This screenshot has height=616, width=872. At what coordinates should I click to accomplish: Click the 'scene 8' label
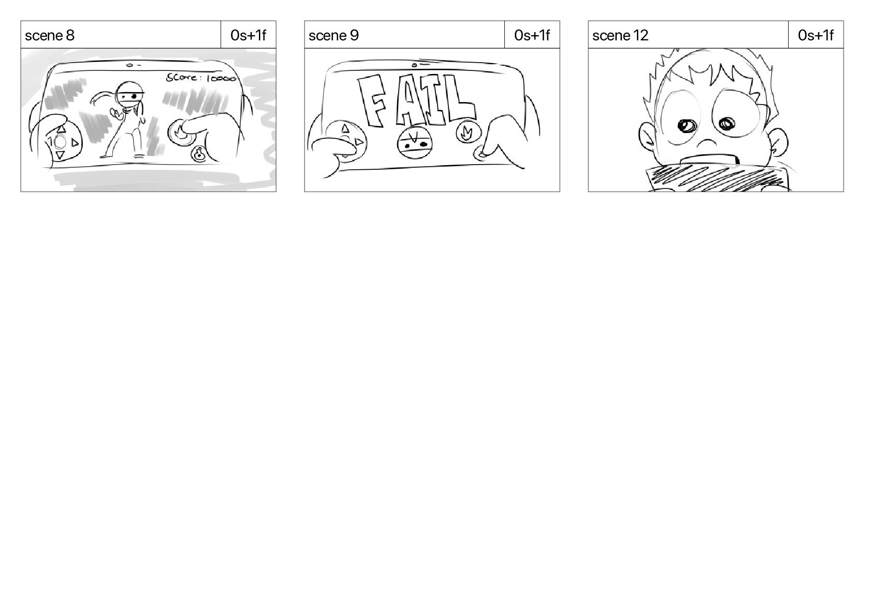pos(49,35)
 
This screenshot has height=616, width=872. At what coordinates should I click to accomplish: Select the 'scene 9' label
pos(333,35)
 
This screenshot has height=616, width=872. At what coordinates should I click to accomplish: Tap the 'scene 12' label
pos(620,35)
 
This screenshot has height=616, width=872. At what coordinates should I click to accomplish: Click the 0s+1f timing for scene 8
pos(249,35)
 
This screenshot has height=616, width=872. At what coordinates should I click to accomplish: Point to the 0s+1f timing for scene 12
pos(816,35)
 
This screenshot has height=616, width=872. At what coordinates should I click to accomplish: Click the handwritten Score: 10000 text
pos(201,78)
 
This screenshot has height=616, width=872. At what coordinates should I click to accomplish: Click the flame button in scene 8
pos(180,133)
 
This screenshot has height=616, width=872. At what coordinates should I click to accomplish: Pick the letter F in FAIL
pos(372,101)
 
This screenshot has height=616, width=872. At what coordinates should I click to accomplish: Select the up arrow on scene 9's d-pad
pos(345,128)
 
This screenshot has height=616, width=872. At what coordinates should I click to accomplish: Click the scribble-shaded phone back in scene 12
pos(716,179)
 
